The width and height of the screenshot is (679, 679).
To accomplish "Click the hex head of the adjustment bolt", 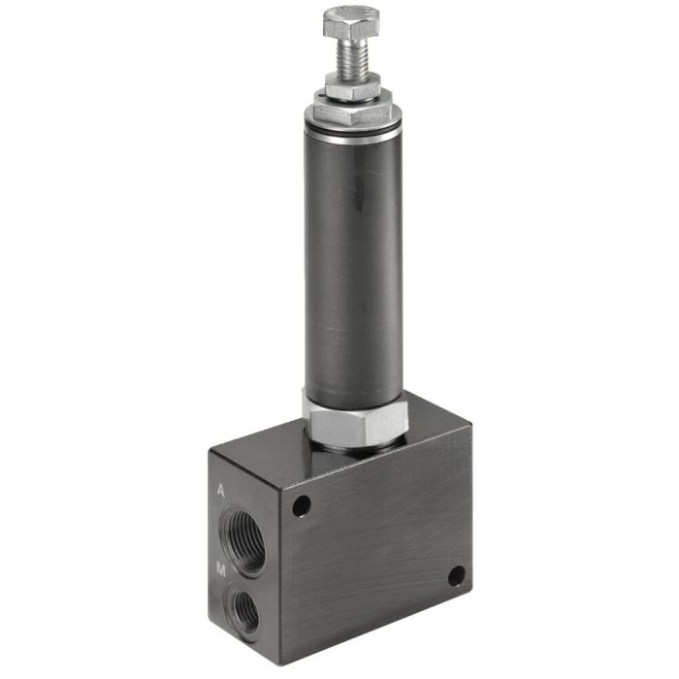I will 351,25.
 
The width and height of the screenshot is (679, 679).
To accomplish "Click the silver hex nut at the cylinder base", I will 353,419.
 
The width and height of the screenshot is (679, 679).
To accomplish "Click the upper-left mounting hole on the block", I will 301,505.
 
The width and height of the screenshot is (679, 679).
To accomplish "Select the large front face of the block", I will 378,543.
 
